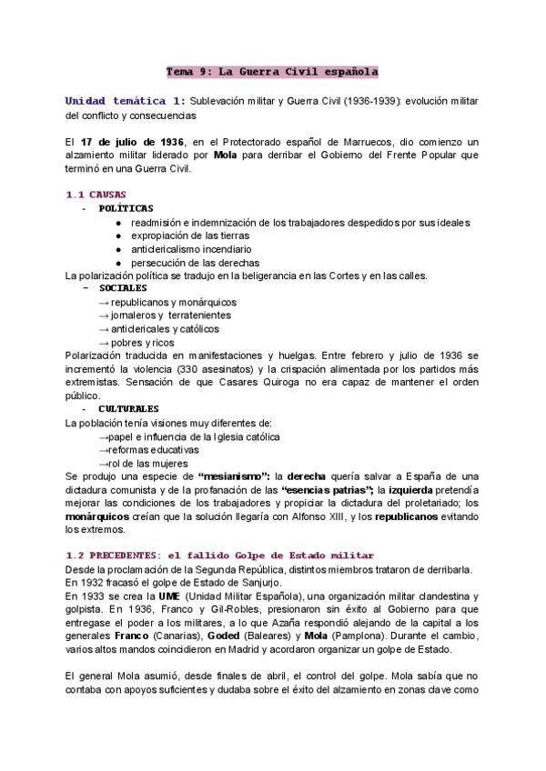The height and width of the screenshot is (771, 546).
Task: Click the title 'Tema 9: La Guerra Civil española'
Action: pos(272,70)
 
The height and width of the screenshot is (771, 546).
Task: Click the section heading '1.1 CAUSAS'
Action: pos(96,195)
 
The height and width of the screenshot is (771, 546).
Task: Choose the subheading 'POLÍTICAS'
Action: pos(126,208)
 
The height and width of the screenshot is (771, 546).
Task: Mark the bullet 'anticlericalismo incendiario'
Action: pos(191,248)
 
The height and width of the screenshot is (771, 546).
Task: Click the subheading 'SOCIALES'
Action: pos(123,288)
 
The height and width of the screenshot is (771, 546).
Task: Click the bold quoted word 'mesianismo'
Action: pos(228,476)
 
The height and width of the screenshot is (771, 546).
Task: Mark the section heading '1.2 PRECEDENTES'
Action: pos(127,556)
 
